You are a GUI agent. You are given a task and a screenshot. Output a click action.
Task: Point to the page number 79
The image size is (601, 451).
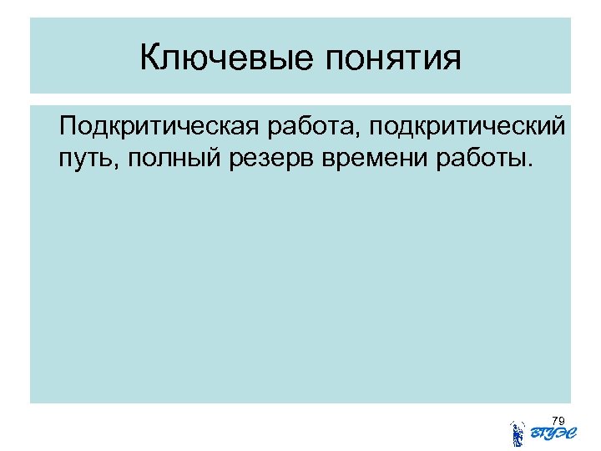(x=559, y=419)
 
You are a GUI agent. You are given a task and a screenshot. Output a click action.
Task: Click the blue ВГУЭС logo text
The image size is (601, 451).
(x=548, y=433)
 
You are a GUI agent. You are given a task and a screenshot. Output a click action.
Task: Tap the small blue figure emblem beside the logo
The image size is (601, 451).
(x=518, y=432)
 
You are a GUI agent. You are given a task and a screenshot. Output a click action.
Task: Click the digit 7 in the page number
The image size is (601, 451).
(x=556, y=419)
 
